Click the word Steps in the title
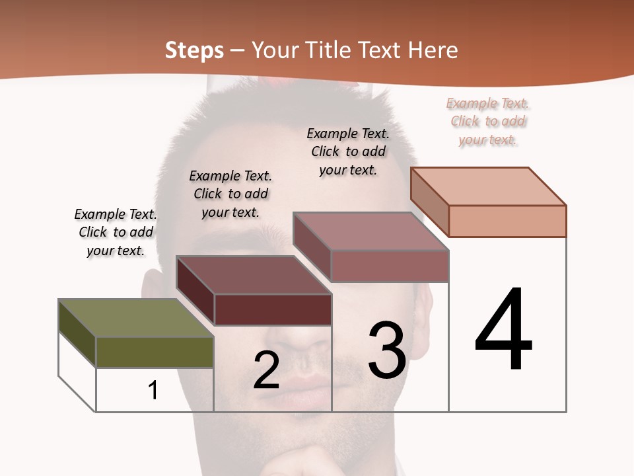click(x=194, y=50)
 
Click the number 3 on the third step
click(x=387, y=350)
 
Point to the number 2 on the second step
click(x=266, y=370)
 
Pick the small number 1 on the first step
click(x=153, y=390)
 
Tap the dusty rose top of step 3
click(x=370, y=231)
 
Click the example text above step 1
click(x=116, y=232)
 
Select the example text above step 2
click(x=230, y=194)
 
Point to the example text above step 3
click(x=348, y=151)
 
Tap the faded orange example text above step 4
click(x=487, y=121)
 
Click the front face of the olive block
click(x=155, y=352)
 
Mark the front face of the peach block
click(x=507, y=221)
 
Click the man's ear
click(x=151, y=291)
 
